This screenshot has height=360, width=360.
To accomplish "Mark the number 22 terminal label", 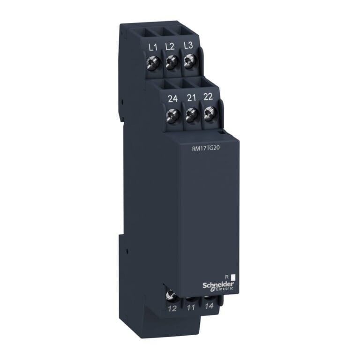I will click(208, 97).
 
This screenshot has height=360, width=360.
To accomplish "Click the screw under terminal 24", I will click(173, 115).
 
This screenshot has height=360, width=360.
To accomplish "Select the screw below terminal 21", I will click(191, 114).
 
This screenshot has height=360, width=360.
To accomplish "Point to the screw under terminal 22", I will click(209, 113).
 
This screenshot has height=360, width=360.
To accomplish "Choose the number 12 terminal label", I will click(172, 309).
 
